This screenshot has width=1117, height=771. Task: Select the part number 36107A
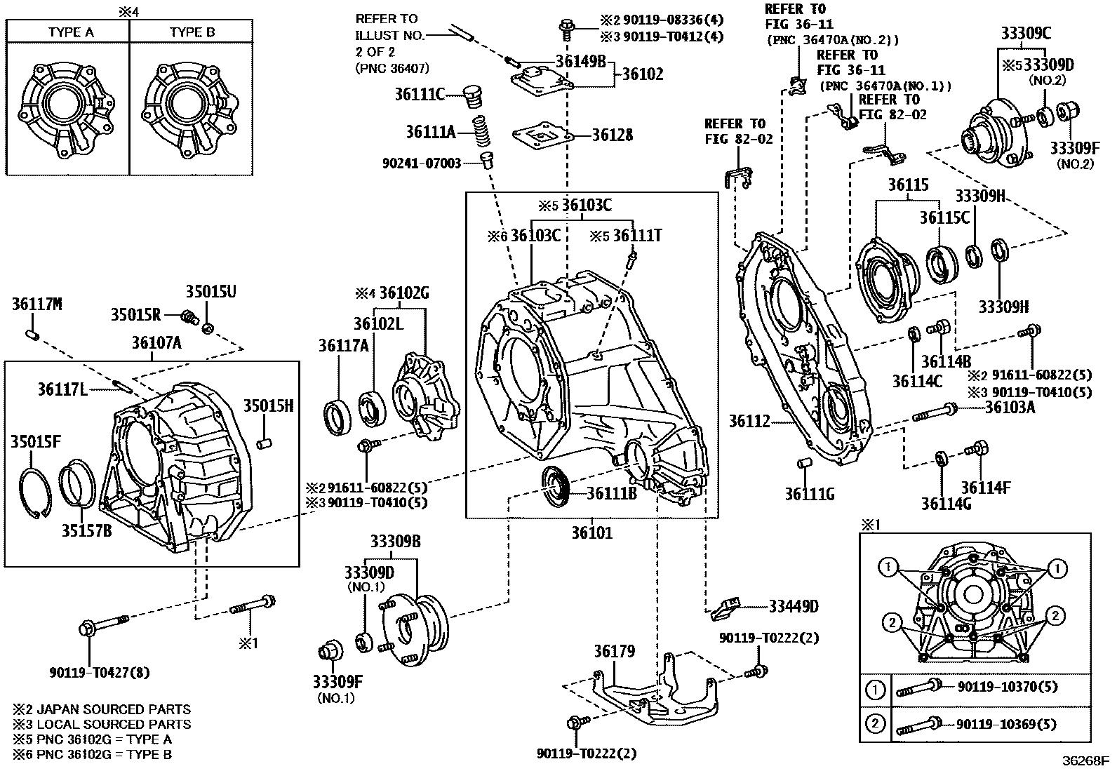tap(156, 342)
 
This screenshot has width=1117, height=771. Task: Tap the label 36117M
tap(37, 304)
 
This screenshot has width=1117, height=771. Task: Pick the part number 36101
tap(591, 533)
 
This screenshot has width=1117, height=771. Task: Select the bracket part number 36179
tap(614, 652)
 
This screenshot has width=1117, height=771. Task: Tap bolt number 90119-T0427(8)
tap(100, 672)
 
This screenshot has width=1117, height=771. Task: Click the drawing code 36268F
tap(1085, 760)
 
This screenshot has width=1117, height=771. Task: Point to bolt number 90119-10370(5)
tap(1007, 687)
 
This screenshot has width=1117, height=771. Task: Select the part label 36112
tap(749, 421)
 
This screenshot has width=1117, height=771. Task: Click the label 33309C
tap(1026, 32)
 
